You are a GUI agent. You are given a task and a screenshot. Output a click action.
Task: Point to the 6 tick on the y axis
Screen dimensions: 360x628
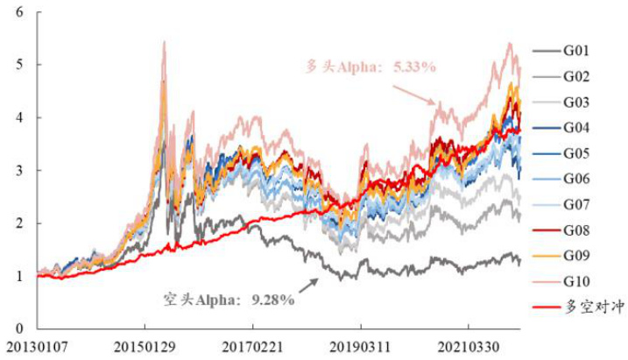pyautogui.click(x=19, y=12)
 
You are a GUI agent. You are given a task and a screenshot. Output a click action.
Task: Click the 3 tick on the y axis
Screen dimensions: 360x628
pyautogui.click(x=19, y=170)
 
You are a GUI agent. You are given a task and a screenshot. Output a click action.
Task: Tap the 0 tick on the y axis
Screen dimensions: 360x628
pyautogui.click(x=19, y=328)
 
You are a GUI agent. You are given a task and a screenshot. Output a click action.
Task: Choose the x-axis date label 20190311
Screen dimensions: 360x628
pyautogui.click(x=361, y=348)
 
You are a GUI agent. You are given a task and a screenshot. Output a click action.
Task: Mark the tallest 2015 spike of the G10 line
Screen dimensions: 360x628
pyautogui.click(x=164, y=42)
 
